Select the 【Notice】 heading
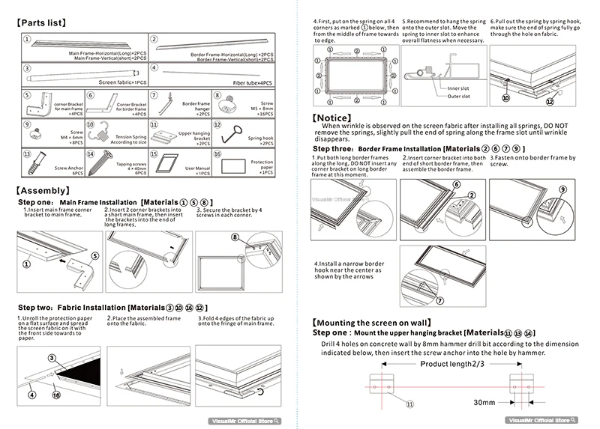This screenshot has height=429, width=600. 337,118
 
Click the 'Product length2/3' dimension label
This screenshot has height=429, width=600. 451,363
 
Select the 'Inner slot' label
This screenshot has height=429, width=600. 458,88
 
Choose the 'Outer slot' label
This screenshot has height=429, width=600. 458,97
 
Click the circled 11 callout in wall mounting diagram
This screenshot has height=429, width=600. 409,404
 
